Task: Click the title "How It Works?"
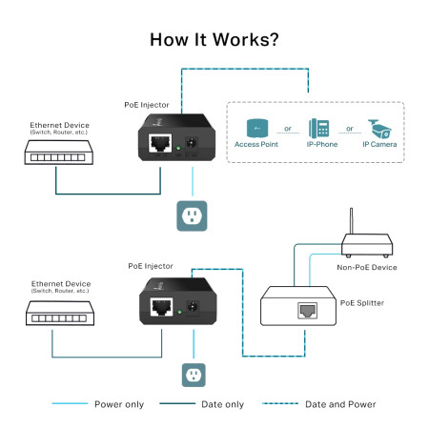click(214, 41)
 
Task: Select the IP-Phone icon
click(317, 128)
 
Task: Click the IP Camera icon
click(378, 127)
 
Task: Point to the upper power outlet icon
click(193, 215)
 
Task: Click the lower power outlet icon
click(195, 373)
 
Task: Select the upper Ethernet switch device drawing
click(58, 150)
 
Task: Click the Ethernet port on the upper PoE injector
click(160, 145)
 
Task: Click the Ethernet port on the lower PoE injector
click(160, 307)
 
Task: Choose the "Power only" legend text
click(119, 404)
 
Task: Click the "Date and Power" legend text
click(339, 404)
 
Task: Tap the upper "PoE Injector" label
click(150, 103)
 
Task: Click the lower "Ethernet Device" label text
click(60, 283)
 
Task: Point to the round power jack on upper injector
click(194, 144)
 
